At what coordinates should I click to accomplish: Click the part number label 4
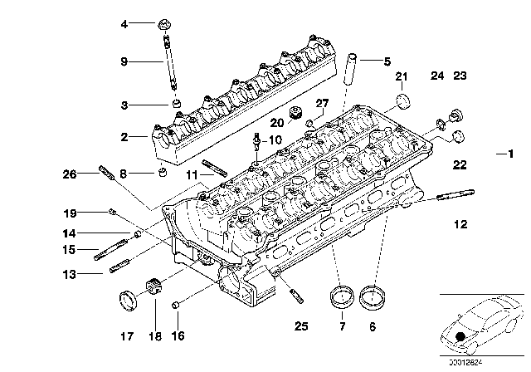click(x=124, y=25)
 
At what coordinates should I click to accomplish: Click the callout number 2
click(x=124, y=136)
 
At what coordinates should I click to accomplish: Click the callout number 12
click(x=460, y=223)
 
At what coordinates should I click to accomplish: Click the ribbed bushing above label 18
click(x=153, y=290)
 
